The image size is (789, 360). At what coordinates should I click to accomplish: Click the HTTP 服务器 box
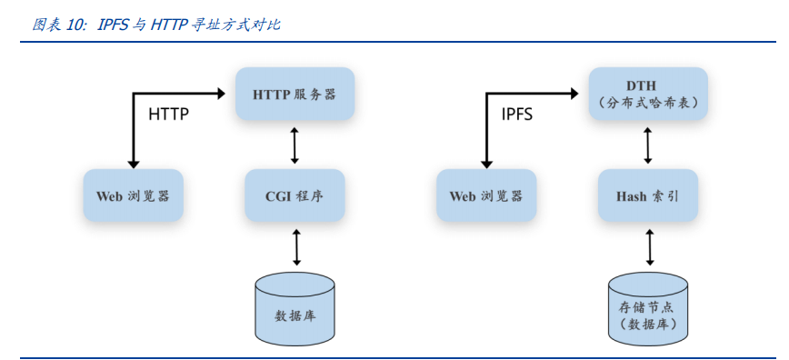(295, 94)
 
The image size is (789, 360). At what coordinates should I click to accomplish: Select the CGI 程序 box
(295, 195)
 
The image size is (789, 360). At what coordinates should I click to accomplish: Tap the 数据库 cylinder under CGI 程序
(295, 307)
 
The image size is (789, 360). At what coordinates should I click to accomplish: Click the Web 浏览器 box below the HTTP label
(133, 195)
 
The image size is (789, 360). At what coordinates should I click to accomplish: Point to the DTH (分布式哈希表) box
(648, 94)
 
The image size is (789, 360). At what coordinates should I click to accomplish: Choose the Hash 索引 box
(648, 195)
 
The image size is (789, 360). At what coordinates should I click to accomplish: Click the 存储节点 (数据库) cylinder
(648, 307)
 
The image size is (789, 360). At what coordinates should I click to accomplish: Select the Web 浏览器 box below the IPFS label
(486, 195)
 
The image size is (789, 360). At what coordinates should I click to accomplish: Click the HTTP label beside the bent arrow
(168, 115)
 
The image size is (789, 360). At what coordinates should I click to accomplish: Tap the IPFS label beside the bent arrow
(517, 115)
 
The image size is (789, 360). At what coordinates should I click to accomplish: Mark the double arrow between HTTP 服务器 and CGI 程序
(295, 145)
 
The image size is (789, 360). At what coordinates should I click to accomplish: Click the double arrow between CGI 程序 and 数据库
(296, 246)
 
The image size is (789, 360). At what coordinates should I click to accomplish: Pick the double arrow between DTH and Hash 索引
(648, 145)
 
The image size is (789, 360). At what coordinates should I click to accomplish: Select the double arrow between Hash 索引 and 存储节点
(650, 246)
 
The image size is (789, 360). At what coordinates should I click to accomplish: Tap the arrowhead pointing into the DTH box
(574, 93)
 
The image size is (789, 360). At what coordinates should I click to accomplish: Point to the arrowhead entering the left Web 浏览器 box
(133, 163)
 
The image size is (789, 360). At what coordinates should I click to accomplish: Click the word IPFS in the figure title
(114, 25)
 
